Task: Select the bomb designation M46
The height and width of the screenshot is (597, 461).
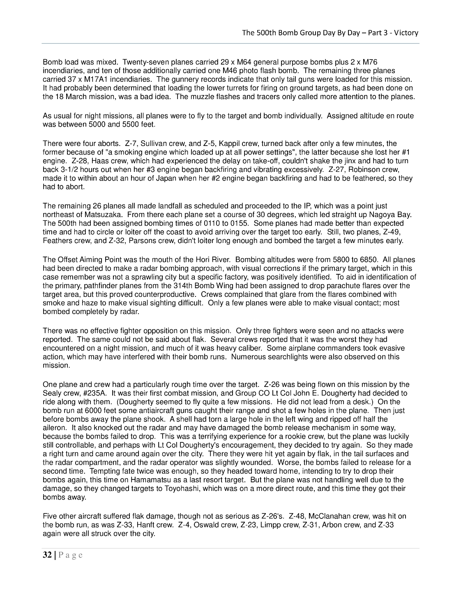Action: tap(229, 71)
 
